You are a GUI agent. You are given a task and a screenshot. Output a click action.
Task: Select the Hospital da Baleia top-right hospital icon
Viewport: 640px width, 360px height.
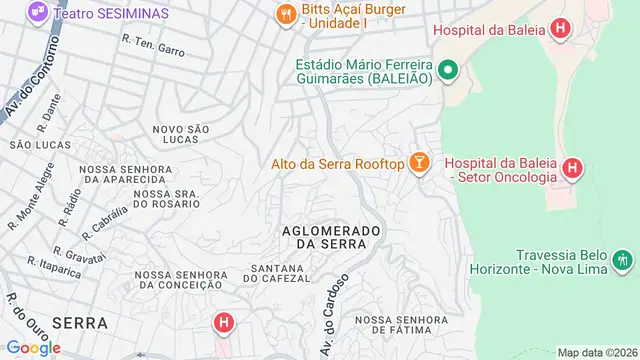coord(560,29)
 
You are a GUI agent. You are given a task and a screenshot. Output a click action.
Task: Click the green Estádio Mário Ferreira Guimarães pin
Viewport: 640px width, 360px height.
coord(448,70)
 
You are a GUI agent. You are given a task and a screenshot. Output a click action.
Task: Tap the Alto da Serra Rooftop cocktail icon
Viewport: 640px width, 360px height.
coord(418,163)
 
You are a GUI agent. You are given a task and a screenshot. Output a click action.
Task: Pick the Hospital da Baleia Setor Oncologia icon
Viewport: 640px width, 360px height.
coord(573,169)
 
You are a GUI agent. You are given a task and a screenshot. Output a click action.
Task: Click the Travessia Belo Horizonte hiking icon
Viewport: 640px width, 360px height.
coord(624,262)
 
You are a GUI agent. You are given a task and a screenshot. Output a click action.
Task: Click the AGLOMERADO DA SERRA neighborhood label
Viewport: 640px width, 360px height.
coord(333,236)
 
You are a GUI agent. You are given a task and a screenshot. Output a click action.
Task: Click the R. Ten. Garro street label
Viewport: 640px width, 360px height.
coord(154,43)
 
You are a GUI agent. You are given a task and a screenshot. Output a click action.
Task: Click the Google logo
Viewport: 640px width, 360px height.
coord(34,347)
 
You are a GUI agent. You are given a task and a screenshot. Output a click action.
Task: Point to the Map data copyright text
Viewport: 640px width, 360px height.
coord(596,352)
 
